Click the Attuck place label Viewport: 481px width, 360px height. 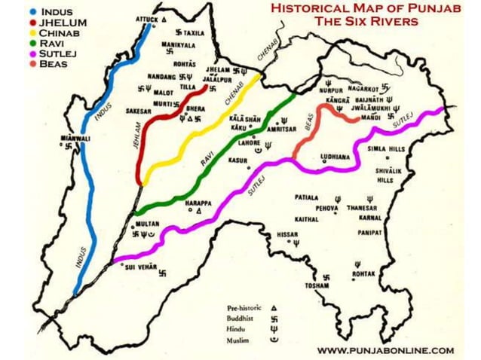[147, 18]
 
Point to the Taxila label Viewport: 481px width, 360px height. [194, 34]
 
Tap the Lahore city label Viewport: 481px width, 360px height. [249, 142]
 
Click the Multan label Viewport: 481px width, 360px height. [148, 224]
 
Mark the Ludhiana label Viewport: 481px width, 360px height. [335, 157]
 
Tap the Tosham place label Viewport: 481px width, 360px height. [317, 286]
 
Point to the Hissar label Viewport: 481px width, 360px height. [288, 234]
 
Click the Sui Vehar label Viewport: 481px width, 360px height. [140, 267]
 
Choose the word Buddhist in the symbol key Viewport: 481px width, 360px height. [241, 319]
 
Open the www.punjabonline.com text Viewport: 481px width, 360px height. [385, 350]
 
